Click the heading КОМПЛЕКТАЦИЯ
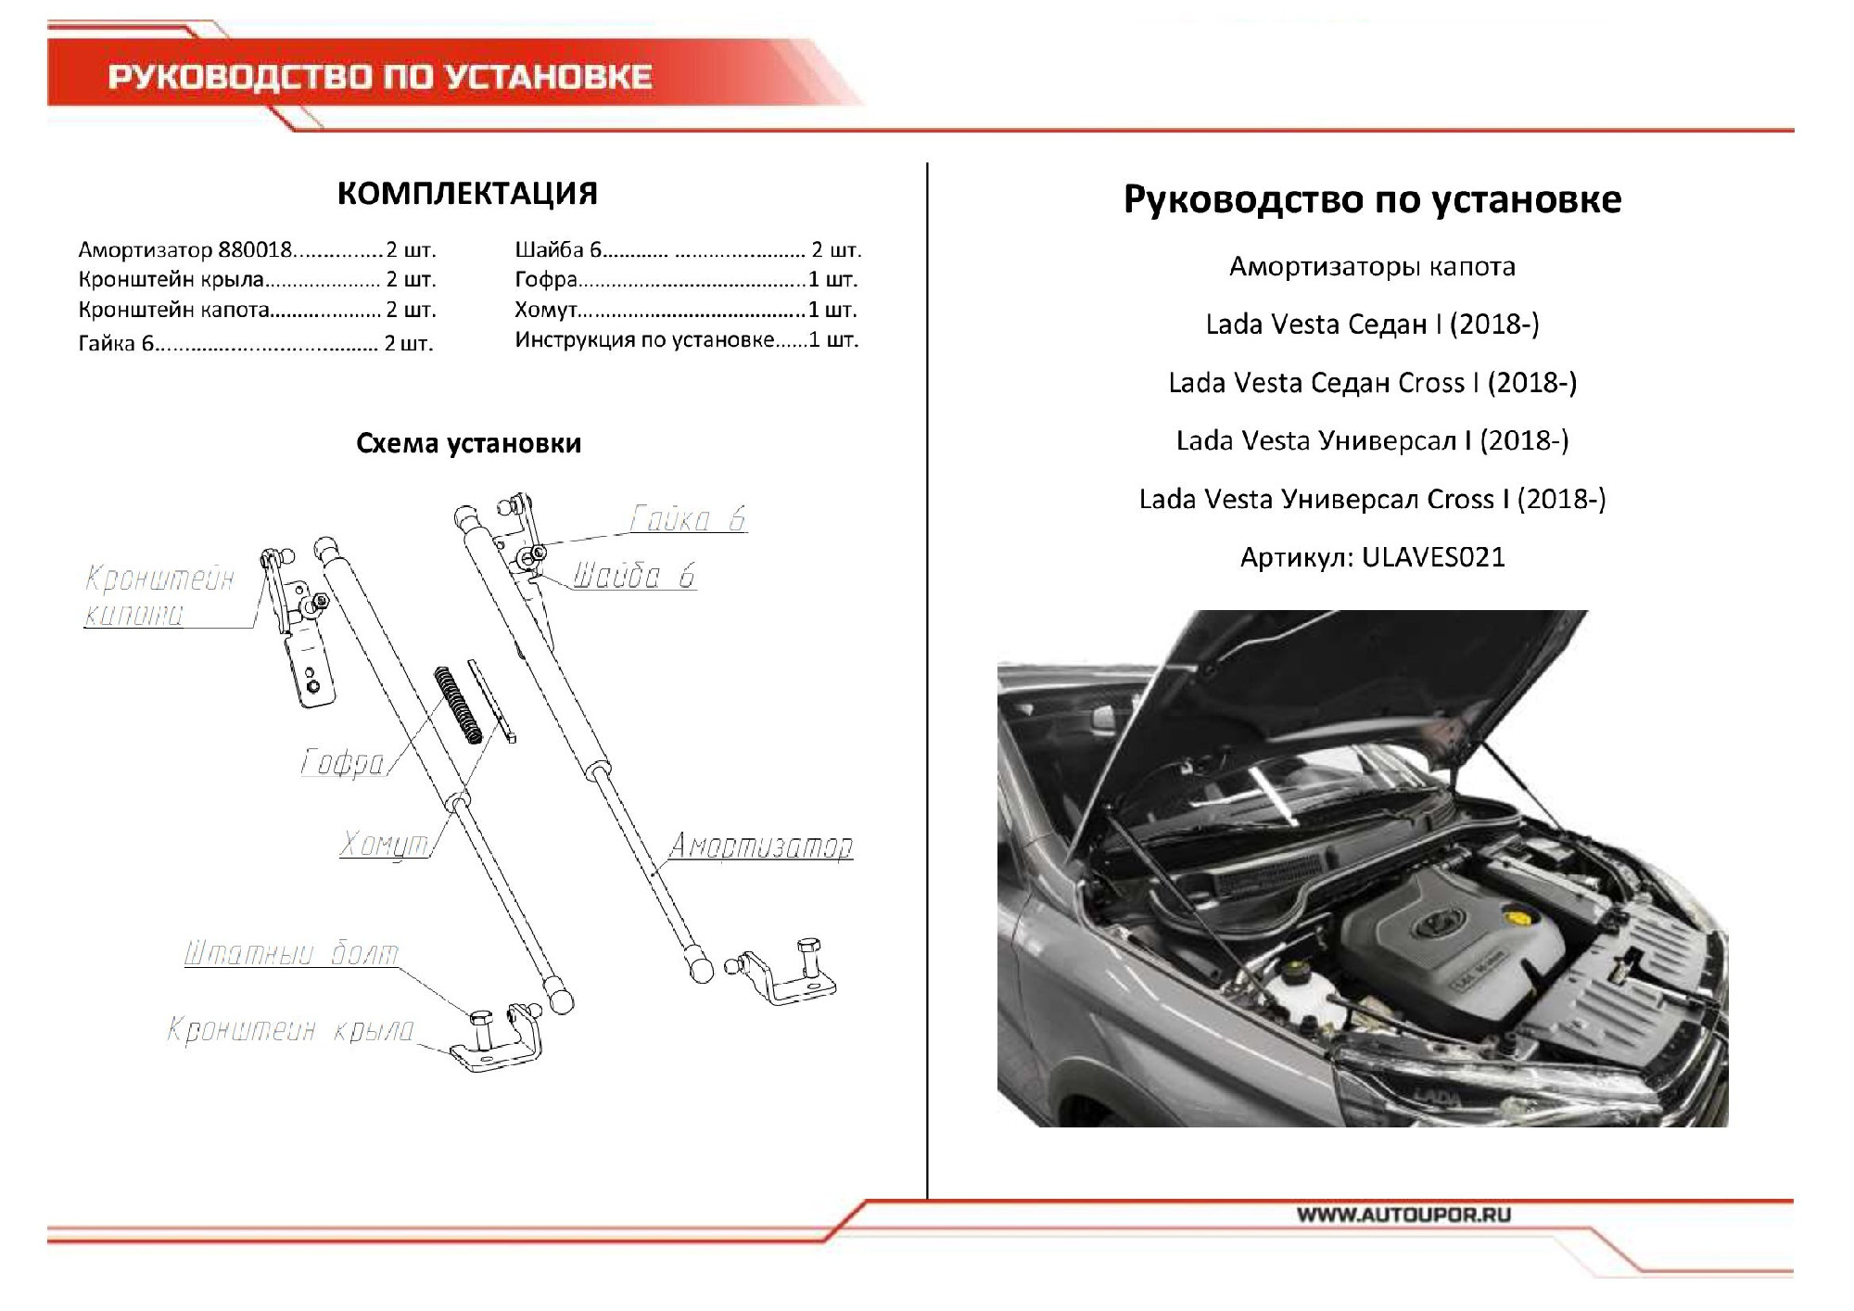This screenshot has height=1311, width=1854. [x=467, y=193]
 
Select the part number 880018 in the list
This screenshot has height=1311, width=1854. [x=255, y=250]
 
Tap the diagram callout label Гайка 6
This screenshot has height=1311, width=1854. [x=687, y=518]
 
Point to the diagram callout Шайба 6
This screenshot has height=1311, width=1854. [x=633, y=576]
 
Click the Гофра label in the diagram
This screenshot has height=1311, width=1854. [x=342, y=762]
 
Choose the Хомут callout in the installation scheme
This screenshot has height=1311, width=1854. [x=384, y=844]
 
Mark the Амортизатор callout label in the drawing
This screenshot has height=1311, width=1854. [x=760, y=846]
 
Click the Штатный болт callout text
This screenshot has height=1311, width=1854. [x=291, y=953]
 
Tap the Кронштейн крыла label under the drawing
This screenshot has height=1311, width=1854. [x=290, y=1029]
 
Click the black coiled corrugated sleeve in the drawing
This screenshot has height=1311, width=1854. [x=458, y=705]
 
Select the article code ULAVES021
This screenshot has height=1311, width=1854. [x=1433, y=557]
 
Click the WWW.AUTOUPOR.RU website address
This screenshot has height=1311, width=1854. [x=1403, y=1215]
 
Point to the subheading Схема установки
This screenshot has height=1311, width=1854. [x=468, y=443]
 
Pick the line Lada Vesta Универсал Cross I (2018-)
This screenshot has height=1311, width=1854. [x=1372, y=499]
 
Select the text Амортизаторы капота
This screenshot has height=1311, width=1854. [x=1372, y=267]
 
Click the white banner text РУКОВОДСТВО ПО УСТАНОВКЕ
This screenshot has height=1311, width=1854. [x=380, y=77]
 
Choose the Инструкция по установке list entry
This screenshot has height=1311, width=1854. [x=644, y=340]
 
